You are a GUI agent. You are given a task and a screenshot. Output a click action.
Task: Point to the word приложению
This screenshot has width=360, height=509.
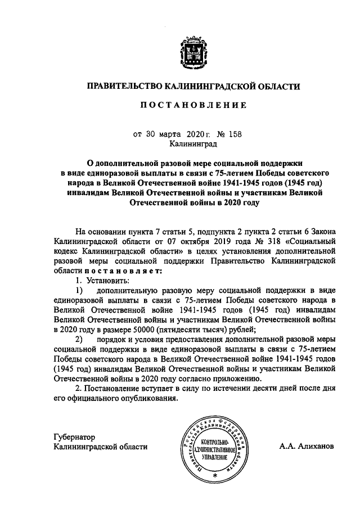click(x=240, y=379)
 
